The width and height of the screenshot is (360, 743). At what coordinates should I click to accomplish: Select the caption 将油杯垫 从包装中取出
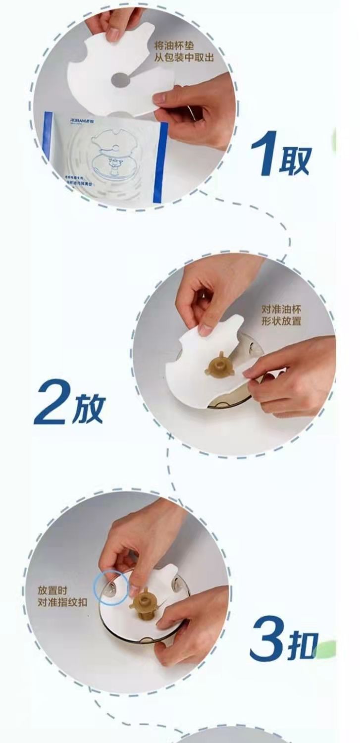(184, 52)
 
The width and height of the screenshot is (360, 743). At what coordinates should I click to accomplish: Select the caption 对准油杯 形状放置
(281, 315)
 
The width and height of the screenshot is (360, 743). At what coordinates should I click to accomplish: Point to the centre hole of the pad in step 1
(120, 80)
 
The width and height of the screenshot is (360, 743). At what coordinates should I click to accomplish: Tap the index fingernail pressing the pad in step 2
(206, 328)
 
